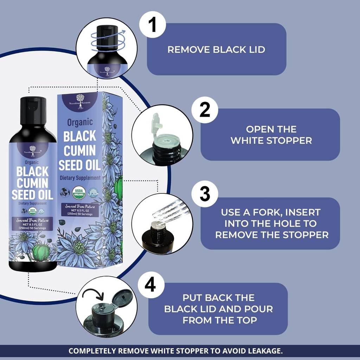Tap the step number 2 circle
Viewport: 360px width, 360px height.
(x=205, y=109)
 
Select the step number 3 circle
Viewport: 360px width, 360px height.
(x=205, y=194)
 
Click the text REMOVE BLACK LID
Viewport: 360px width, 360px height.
(x=216, y=50)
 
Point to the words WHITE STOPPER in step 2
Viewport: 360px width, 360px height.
(x=271, y=141)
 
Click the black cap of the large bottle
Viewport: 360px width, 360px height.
(x=33, y=110)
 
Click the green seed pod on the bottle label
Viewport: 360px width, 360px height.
(x=41, y=252)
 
